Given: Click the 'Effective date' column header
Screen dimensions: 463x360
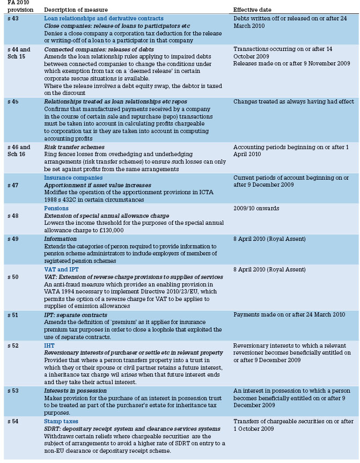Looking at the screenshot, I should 252,10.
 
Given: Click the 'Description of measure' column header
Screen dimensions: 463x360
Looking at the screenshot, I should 76,10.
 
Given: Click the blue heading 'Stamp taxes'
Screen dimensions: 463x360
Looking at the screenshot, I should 62,422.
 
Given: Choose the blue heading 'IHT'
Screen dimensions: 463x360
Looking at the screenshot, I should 49,346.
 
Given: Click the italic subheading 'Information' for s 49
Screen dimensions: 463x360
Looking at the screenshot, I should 61,239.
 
